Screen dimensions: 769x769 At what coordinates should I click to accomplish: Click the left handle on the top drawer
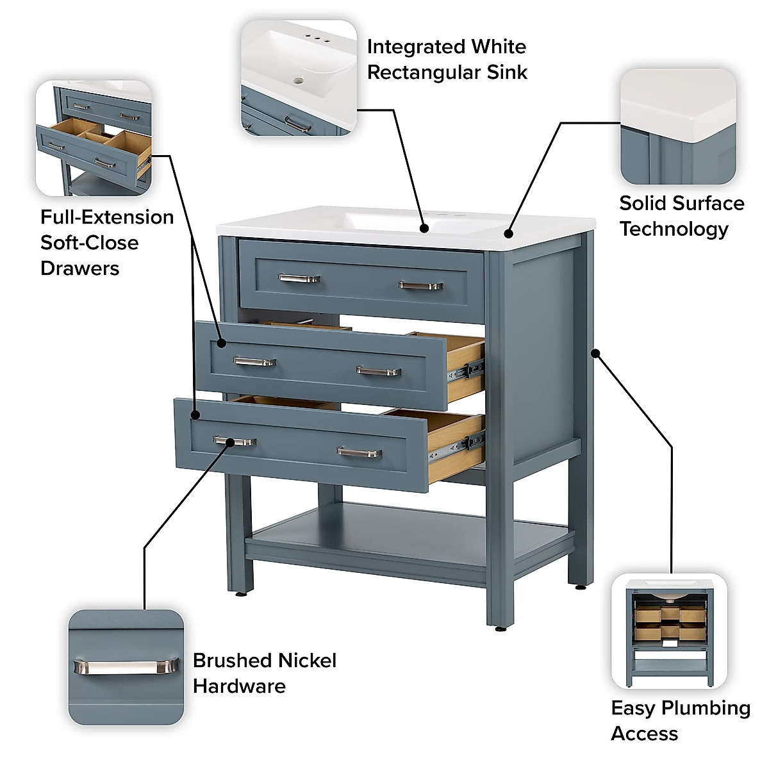click(x=299, y=278)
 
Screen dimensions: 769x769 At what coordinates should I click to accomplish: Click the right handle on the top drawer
click(x=420, y=285)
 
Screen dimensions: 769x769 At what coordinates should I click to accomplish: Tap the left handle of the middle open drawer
click(x=254, y=362)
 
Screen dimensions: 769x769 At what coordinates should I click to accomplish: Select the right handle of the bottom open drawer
click(x=360, y=453)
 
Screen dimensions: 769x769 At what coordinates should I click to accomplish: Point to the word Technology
click(x=674, y=229)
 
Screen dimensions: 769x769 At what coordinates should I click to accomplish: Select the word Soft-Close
click(x=89, y=243)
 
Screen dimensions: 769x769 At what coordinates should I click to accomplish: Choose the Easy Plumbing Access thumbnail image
click(x=669, y=631)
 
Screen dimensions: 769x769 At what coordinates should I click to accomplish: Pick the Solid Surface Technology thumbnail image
click(x=678, y=126)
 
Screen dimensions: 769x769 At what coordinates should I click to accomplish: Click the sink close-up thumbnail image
click(x=298, y=78)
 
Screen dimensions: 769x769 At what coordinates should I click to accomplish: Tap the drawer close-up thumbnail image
click(x=94, y=138)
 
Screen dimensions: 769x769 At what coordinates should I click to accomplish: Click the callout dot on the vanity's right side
click(x=595, y=352)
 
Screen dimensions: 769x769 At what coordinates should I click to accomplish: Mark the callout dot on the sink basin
click(x=424, y=227)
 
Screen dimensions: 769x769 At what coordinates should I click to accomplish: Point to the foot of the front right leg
click(x=499, y=629)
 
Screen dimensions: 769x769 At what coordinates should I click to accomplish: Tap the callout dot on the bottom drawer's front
click(x=195, y=415)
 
